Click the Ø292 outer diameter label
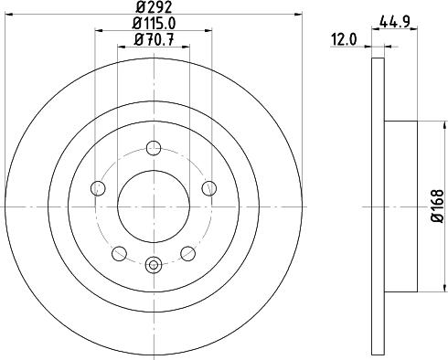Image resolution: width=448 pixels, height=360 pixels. pos(154,8)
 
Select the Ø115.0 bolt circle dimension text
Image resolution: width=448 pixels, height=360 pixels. pos(154,24)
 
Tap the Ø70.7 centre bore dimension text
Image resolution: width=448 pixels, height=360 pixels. pos(154,39)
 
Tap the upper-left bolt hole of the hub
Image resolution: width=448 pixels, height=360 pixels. pos(99,188)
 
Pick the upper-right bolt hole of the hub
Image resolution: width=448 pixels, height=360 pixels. pos(209,188)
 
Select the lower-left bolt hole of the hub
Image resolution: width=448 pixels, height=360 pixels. pos(119,253)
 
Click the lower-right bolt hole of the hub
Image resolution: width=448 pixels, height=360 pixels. pos(187,253)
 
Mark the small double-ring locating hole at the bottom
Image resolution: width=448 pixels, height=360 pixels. pos(154,265)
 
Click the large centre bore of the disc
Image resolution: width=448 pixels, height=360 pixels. pos(154,205)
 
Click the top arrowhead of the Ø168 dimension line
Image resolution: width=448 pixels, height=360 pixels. pos(420,126)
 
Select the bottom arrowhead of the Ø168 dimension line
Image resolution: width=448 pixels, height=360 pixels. pos(420,284)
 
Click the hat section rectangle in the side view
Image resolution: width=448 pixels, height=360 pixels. pos(400,205)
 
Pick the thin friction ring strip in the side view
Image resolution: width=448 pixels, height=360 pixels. pos(378,205)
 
